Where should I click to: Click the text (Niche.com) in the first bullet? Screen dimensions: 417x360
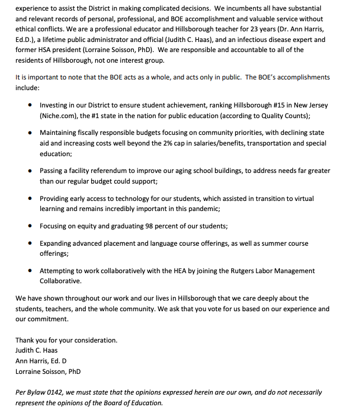[x=59, y=115]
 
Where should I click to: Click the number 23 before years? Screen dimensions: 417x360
[x=247, y=30]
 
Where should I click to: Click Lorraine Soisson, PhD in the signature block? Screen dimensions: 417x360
[x=48, y=371]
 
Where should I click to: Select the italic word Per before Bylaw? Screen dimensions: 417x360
[x=21, y=392]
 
